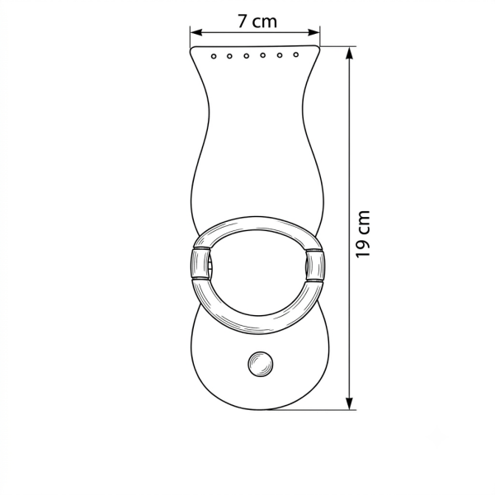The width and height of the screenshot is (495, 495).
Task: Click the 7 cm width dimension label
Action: tap(257, 21)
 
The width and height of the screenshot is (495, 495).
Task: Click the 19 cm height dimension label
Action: tap(362, 234)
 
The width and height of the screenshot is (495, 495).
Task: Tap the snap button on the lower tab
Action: tap(260, 364)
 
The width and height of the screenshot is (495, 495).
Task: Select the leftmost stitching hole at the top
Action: tap(214, 56)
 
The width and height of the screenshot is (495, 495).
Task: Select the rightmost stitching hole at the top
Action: tap(296, 54)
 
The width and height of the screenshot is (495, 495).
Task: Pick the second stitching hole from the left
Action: tap(229, 56)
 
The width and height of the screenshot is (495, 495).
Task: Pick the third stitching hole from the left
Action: tap(246, 56)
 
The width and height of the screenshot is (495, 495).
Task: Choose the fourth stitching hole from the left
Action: tap(262, 55)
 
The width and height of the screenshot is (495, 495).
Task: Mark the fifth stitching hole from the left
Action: tap(280, 55)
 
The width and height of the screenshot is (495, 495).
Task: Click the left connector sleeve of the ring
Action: tap(200, 264)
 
